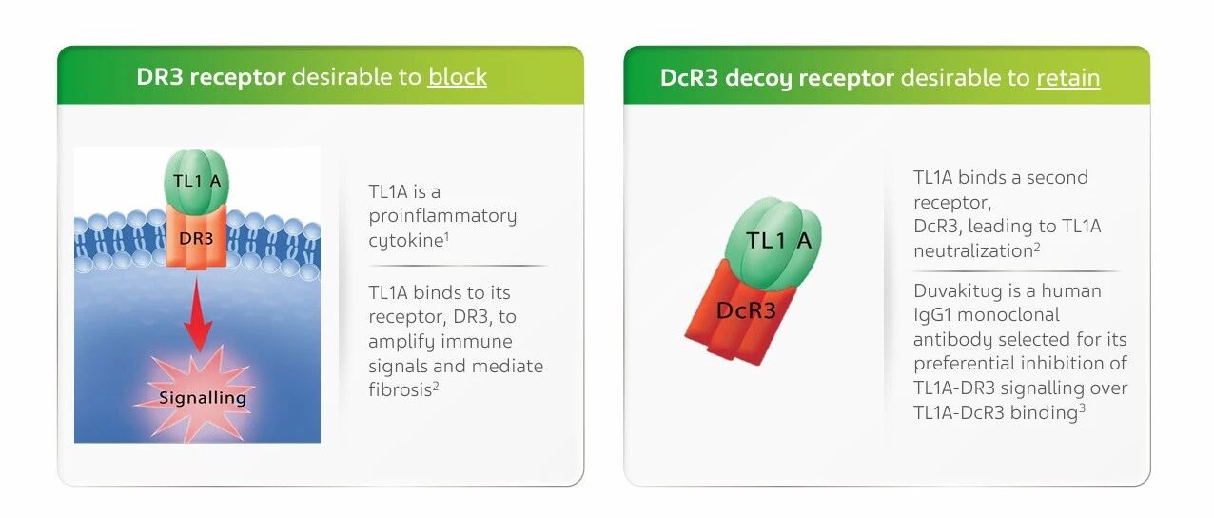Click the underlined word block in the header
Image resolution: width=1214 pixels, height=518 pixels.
pyautogui.click(x=458, y=76)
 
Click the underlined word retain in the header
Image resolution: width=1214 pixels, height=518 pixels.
pyautogui.click(x=1068, y=77)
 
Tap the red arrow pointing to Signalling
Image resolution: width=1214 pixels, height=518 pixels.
pyautogui.click(x=197, y=314)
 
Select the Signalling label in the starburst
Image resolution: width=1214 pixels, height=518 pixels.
pyautogui.click(x=203, y=398)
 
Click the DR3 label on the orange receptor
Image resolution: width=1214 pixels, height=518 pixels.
pyautogui.click(x=196, y=238)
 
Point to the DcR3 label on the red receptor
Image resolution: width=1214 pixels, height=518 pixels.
pyautogui.click(x=746, y=310)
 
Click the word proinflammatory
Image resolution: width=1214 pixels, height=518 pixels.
pyautogui.click(x=442, y=216)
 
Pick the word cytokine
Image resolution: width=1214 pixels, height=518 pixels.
pyautogui.click(x=406, y=240)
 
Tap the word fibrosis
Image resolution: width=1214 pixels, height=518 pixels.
pyautogui.click(x=400, y=389)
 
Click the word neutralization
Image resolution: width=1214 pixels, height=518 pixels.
pyautogui.click(x=973, y=250)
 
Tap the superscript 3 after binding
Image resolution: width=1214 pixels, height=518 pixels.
pyautogui.click(x=1082, y=408)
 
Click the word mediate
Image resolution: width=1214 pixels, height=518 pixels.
pyautogui.click(x=507, y=366)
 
